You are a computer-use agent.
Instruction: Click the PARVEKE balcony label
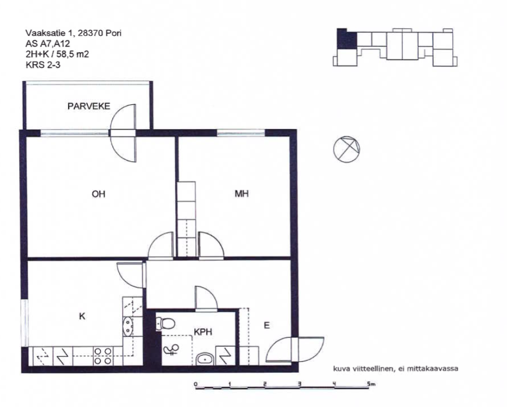89,106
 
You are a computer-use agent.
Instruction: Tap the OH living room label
98,194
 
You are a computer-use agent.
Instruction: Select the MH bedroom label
242,194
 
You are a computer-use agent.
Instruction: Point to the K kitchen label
82,316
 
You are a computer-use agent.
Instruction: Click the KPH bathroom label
203,331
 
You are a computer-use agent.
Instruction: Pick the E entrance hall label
267,326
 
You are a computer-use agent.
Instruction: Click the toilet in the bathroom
165,324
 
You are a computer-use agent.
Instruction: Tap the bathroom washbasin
204,359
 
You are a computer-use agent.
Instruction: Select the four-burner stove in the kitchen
103,356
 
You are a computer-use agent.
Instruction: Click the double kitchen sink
128,327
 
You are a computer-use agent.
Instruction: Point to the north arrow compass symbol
346,149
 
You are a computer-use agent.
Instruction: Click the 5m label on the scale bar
371,384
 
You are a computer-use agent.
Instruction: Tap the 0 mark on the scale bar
195,384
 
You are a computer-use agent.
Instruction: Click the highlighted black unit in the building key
346,39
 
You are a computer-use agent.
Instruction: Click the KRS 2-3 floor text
43,65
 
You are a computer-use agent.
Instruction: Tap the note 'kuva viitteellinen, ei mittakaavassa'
395,369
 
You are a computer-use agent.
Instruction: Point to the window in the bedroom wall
241,133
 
